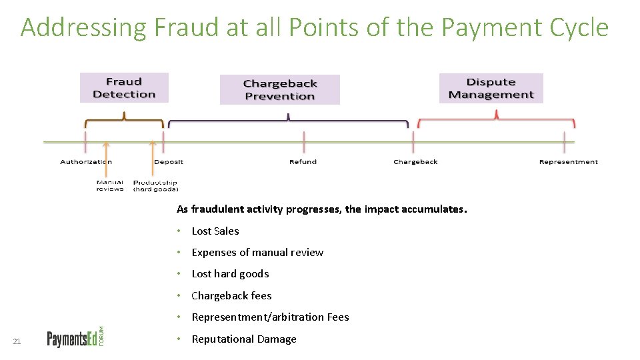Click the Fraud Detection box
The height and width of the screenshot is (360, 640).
click(124, 87)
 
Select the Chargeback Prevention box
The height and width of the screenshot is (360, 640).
click(279, 89)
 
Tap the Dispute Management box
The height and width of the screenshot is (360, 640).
click(491, 88)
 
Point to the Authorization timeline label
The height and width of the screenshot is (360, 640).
click(86, 162)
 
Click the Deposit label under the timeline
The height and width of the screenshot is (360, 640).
click(169, 162)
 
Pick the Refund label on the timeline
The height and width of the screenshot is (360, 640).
click(303, 162)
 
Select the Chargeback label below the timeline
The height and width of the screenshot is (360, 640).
click(415, 162)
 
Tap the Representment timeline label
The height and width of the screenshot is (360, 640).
click(568, 162)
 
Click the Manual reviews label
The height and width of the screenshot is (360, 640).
click(110, 185)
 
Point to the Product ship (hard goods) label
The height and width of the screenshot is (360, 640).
click(155, 185)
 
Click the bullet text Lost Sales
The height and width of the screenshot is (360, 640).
click(215, 231)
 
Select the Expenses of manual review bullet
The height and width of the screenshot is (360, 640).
click(257, 253)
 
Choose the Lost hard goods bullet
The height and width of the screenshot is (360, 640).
click(230, 274)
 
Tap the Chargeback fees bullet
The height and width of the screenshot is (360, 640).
click(231, 296)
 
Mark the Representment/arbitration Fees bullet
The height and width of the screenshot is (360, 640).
click(270, 317)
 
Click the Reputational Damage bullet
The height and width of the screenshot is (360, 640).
click(244, 339)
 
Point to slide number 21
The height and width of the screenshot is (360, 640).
click(17, 342)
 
